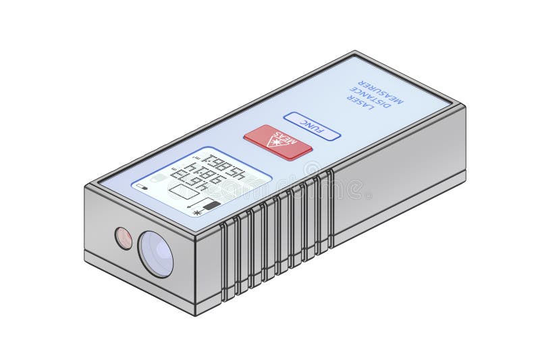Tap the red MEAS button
click(x=277, y=142)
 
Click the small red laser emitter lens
click(x=124, y=238)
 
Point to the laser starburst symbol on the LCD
click(x=197, y=213)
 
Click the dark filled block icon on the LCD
click(x=212, y=205)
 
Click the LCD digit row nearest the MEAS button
click(x=225, y=164)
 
